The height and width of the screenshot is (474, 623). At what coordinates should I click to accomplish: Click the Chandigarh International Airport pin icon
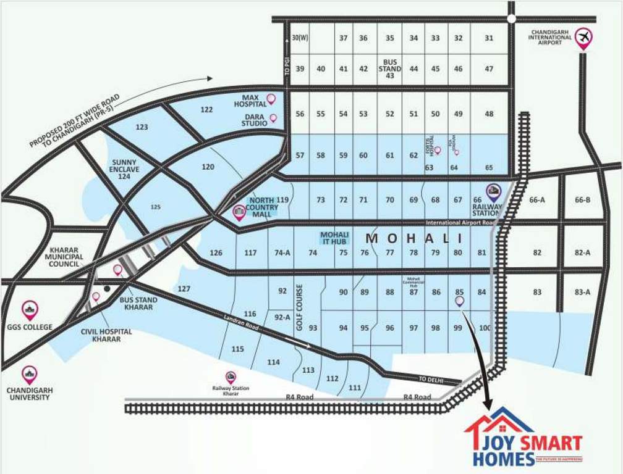click(583, 38)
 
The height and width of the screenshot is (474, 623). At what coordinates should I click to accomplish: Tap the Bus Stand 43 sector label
click(389, 69)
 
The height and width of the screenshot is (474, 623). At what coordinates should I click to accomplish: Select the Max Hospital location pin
click(271, 99)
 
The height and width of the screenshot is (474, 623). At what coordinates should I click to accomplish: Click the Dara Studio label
click(255, 119)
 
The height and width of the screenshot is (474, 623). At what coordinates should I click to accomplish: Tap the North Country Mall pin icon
click(239, 213)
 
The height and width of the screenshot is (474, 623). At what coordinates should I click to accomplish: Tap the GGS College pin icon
click(29, 310)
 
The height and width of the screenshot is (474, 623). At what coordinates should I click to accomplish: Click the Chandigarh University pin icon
click(29, 374)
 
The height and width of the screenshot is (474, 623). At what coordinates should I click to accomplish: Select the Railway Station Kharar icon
click(231, 376)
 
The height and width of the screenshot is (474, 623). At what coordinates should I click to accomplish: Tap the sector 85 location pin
click(459, 302)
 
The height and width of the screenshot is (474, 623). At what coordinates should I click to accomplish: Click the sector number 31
click(489, 38)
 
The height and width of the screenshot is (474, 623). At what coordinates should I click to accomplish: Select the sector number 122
click(207, 110)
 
